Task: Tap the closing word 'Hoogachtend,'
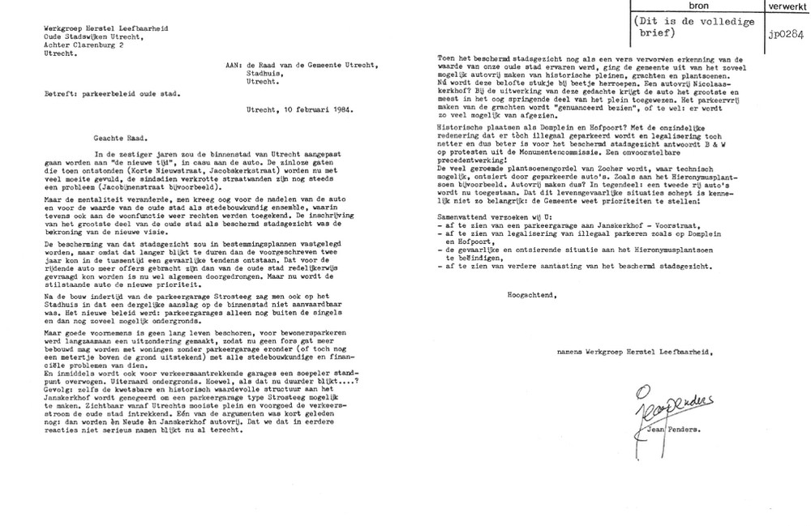pyautogui.click(x=531, y=294)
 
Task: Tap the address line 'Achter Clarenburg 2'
pyautogui.click(x=84, y=45)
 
